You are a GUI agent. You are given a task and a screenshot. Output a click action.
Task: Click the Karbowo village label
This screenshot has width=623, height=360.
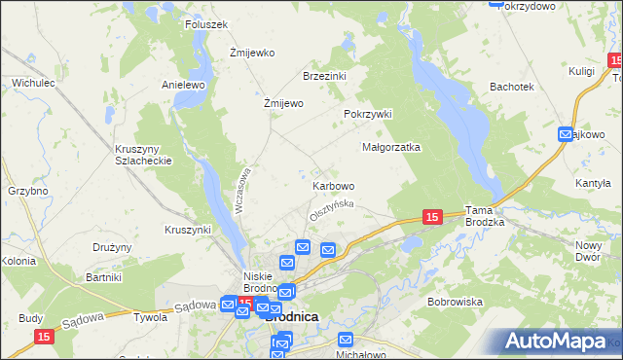coord(333,185)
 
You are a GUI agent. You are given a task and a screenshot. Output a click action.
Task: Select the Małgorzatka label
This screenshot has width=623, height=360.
coord(390,148)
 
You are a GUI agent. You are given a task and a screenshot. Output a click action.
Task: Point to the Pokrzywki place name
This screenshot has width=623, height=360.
coord(367,114)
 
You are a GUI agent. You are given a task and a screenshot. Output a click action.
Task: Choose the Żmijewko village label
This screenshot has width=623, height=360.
coord(252,53)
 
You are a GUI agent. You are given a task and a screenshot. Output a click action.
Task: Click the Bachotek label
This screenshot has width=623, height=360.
coord(512,87)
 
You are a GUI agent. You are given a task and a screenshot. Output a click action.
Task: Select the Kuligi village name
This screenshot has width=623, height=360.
coord(582,71)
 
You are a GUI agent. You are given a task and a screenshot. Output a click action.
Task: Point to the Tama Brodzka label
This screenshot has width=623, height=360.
coord(485,216)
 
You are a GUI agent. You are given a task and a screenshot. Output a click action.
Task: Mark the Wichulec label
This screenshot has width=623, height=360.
coord(32,84)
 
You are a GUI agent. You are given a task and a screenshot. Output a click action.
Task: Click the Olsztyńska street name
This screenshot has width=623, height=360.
coord(331,207)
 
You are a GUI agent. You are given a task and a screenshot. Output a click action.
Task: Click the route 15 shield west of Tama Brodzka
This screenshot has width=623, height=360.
coord(433,218)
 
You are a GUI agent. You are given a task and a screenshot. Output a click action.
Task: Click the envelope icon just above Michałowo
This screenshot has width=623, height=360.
coord(346,339)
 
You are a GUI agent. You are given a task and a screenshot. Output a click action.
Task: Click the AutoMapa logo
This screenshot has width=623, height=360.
coord(556,342)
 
